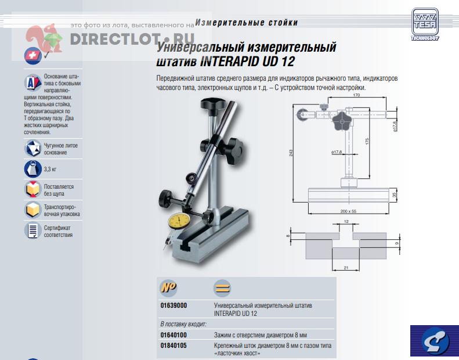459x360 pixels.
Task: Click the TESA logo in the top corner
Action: click(x=425, y=24)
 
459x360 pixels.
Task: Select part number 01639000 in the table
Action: click(x=174, y=305)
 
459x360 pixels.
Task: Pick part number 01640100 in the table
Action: click(x=174, y=335)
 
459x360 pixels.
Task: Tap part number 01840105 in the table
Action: click(x=174, y=345)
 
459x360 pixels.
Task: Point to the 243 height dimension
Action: click(x=291, y=153)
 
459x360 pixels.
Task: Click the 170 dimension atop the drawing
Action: click(x=356, y=95)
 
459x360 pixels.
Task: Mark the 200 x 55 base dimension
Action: click(x=348, y=211)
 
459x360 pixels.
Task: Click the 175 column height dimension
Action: click(x=367, y=141)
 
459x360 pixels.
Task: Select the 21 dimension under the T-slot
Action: click(x=346, y=268)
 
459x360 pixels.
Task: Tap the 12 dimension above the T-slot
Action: click(x=346, y=221)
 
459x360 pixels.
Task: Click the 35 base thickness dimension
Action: click(x=395, y=195)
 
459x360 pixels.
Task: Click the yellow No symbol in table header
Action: click(x=169, y=287)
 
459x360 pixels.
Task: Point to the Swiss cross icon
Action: click(x=32, y=55)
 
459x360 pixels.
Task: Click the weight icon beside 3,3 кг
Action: click(x=32, y=169)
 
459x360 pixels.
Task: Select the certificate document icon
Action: click(x=32, y=231)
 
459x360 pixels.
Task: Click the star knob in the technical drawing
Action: click(x=341, y=121)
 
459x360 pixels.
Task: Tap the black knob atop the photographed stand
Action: click(x=213, y=105)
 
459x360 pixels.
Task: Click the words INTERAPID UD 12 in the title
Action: click(x=247, y=62)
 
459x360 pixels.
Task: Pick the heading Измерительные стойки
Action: click(x=247, y=23)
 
